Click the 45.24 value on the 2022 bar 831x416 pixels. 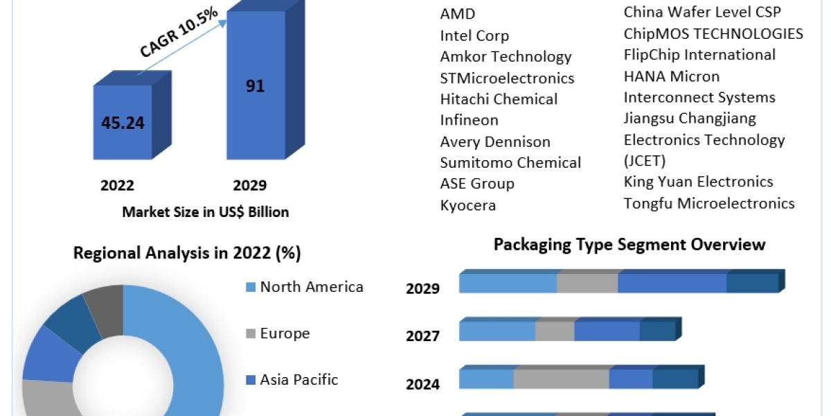(x=123, y=123)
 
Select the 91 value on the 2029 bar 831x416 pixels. (x=256, y=87)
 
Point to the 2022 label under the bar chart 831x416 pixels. (x=117, y=185)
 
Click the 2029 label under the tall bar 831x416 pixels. (x=249, y=185)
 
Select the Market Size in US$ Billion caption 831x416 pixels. (x=206, y=212)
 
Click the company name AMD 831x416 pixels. (x=458, y=15)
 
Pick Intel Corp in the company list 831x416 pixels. (x=474, y=35)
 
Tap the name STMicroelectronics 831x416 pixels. (x=507, y=78)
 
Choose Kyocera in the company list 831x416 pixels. (x=468, y=205)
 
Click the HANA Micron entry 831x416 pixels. (x=672, y=76)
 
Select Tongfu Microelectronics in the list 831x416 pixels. (x=709, y=203)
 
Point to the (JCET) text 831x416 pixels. (x=645, y=161)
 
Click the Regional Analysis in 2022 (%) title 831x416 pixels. (x=187, y=253)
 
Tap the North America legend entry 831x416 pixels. (x=311, y=287)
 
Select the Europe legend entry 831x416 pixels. (x=285, y=333)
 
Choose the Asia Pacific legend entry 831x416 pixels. (x=298, y=379)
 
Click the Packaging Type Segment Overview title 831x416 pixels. (x=629, y=244)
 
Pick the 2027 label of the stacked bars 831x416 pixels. (x=422, y=336)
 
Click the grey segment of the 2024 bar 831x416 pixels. (x=561, y=379)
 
